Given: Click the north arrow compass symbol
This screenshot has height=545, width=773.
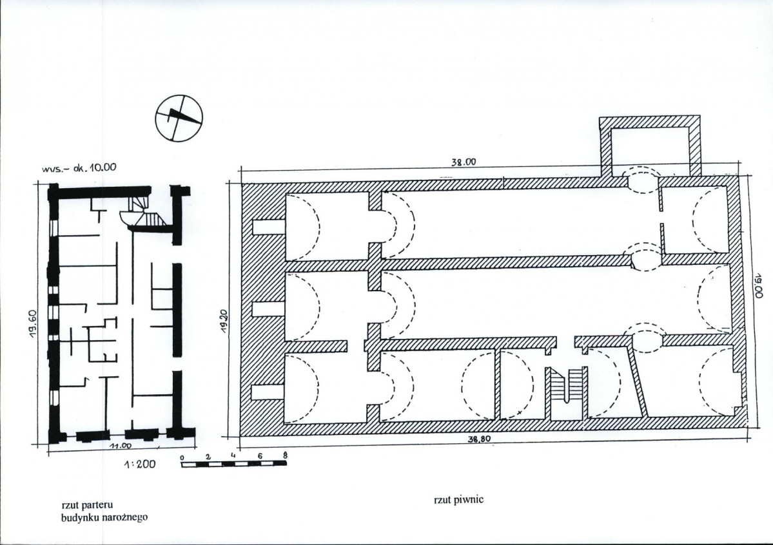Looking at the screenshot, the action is [179, 117].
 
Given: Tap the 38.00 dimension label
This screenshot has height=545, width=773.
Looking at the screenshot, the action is [464, 162].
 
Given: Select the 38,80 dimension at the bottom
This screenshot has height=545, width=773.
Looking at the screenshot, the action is [479, 439].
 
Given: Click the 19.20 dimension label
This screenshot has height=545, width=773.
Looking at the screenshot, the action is [224, 322].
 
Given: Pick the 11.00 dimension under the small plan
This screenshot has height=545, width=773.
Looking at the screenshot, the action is [121, 446].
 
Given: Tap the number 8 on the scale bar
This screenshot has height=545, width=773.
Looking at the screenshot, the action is [285, 456].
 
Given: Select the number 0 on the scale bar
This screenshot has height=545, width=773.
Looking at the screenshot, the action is [182, 458].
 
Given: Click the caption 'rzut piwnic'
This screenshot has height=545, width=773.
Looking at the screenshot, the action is [458, 500].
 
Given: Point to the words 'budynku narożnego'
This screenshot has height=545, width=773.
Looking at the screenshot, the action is [104, 517].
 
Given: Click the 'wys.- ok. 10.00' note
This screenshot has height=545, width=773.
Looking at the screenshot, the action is [79, 167].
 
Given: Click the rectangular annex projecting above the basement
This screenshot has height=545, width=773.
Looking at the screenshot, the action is [650, 146].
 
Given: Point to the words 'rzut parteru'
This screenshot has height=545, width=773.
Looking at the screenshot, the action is [88, 505].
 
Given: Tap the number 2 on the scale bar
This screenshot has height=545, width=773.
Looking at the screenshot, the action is [208, 457].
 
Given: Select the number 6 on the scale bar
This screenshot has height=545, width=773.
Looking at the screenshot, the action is [260, 456].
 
